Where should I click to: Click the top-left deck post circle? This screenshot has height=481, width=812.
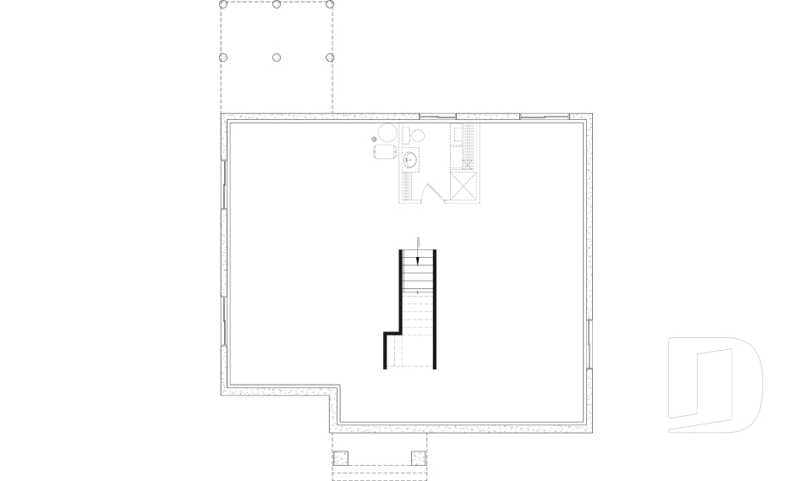224,4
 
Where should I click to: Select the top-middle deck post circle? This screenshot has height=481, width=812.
277,4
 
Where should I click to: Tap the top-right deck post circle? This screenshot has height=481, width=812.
330,4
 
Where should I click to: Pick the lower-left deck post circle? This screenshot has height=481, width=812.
224,57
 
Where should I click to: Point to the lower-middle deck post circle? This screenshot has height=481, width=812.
277,57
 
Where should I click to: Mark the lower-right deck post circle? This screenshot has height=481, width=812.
330,57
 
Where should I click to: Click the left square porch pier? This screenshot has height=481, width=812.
341,458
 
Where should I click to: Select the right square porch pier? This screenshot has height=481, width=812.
418,458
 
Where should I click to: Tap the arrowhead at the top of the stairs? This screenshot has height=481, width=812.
418,260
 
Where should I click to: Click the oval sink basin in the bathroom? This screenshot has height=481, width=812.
411,158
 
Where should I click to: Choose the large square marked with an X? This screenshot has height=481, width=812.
464,187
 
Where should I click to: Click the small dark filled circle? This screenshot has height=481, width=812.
375,138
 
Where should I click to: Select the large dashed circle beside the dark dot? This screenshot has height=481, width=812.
387,133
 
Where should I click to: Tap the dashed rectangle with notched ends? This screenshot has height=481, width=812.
385,151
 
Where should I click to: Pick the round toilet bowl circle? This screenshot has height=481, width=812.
417,134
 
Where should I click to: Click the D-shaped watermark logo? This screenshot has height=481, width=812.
715,385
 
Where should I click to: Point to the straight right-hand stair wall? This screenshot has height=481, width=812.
435,309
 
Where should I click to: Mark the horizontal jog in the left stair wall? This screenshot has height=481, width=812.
392,333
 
